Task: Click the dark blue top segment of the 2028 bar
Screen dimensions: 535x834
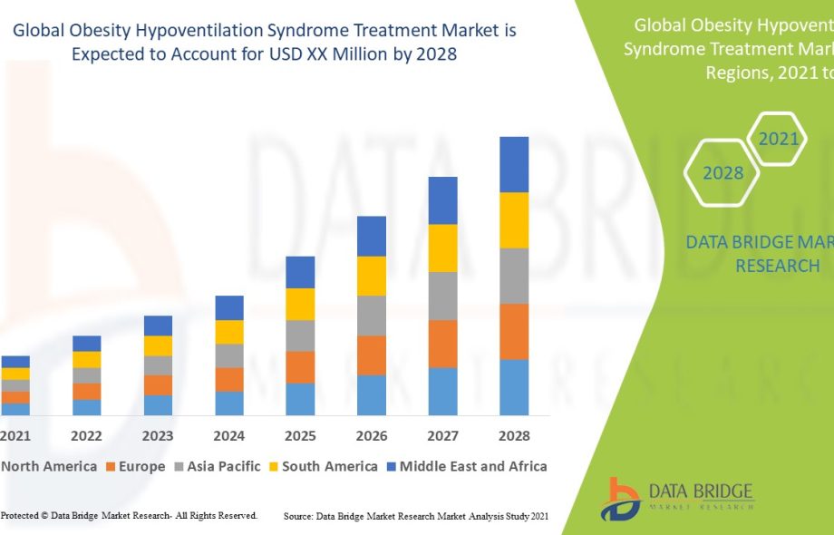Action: (514, 164)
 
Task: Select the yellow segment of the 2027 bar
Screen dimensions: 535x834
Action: (442, 248)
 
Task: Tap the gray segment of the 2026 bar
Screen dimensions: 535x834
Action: (372, 316)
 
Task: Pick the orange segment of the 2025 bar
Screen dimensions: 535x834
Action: (300, 366)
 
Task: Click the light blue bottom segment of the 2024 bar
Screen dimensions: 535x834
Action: (229, 404)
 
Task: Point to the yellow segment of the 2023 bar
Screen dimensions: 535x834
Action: (158, 345)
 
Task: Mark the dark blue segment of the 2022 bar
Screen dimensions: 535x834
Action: (87, 344)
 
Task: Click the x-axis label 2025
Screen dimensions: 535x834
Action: (300, 436)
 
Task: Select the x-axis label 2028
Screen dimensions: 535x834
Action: (514, 436)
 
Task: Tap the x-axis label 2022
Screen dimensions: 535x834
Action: (87, 436)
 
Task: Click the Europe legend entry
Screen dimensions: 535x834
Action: (136, 467)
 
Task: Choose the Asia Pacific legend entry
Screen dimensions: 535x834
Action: (218, 467)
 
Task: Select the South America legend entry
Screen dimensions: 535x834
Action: (322, 467)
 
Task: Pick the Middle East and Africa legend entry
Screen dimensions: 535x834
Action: (466, 467)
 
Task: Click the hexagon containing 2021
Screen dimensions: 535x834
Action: (778, 139)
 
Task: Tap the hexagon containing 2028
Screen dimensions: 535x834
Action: (722, 172)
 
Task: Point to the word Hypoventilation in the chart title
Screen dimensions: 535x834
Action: (182, 30)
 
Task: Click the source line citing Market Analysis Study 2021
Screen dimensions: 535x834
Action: (416, 516)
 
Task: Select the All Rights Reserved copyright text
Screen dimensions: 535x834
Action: (129, 516)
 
